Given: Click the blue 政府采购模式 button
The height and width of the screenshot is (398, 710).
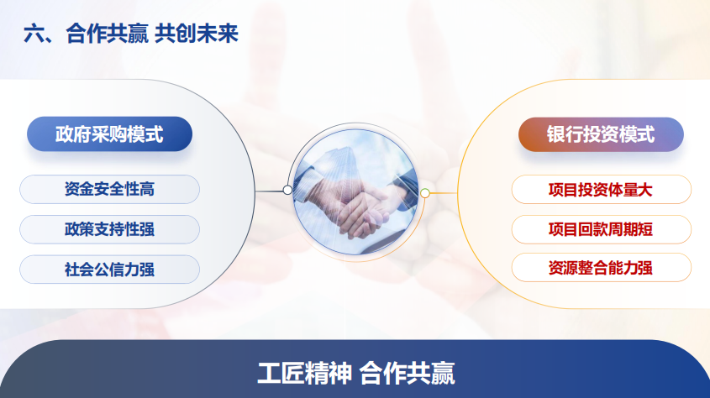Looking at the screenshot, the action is (x=109, y=134).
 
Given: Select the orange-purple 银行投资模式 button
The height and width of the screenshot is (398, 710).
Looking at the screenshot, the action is (x=601, y=134).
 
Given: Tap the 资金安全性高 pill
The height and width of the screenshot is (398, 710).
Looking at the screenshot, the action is (x=109, y=189).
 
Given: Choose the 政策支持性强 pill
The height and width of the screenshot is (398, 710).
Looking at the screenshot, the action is (x=109, y=229).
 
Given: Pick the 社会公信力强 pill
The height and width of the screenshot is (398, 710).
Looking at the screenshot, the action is (x=109, y=270).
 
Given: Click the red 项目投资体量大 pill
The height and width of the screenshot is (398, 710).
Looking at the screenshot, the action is (x=602, y=190).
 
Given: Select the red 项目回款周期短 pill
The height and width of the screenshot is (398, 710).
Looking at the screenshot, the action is (x=602, y=229).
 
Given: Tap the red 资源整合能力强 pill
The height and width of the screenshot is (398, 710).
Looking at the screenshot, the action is (x=602, y=268).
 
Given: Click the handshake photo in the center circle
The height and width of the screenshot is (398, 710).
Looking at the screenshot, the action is (x=355, y=191).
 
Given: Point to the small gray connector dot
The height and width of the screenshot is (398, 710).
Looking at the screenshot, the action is (x=287, y=190).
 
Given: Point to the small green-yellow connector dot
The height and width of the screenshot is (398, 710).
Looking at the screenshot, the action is (x=424, y=193).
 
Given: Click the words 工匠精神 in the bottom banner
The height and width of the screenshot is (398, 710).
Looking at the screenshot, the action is (x=305, y=373).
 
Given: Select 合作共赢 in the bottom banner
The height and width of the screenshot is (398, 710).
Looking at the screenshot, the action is (x=407, y=373).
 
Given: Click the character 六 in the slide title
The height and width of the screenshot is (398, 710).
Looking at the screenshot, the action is (x=34, y=34).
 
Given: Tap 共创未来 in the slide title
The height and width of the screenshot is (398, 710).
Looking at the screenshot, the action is (x=197, y=34).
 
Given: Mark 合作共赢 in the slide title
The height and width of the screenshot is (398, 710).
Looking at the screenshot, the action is (x=108, y=34).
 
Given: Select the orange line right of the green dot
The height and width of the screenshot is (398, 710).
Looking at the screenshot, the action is (x=444, y=193).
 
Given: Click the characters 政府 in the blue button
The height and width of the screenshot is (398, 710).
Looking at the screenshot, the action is (x=73, y=134).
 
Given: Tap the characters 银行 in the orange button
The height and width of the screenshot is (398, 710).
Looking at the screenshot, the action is (x=565, y=134).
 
